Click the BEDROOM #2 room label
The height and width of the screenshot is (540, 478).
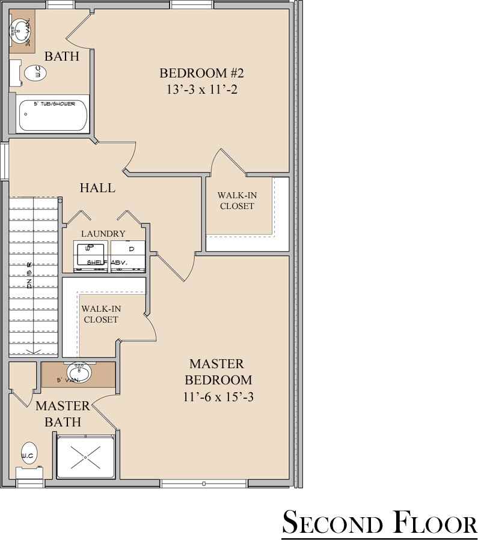[201, 73]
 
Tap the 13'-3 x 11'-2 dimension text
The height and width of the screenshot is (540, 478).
[201, 89]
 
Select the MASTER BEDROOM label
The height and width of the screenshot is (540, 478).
[218, 372]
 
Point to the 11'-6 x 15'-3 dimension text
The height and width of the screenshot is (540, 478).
[218, 396]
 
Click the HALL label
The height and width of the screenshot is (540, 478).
[97, 188]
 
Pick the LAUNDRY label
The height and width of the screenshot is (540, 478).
[103, 234]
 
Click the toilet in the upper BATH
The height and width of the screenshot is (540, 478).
[35, 73]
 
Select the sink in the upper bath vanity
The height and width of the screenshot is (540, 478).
[22, 29]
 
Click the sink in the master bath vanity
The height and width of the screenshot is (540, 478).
[78, 372]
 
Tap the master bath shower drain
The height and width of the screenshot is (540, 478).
[85, 457]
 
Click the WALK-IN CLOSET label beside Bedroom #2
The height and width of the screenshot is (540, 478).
[236, 201]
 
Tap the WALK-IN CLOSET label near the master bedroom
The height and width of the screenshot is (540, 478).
[101, 314]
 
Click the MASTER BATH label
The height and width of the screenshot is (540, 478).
[63, 413]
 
